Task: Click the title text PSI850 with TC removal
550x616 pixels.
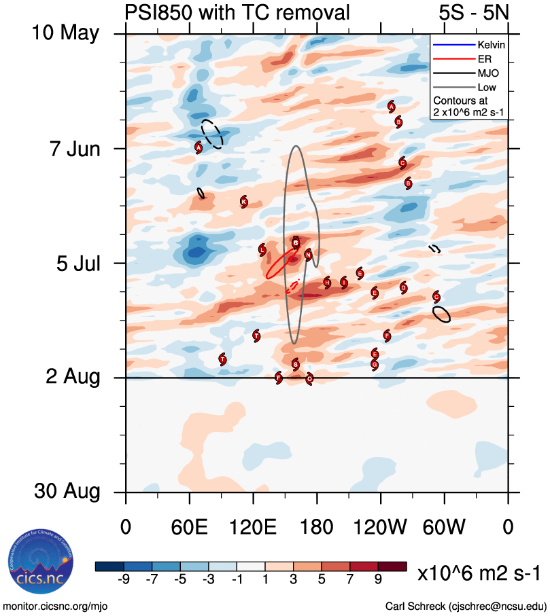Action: coord(237,12)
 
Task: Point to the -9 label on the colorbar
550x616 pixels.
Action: coord(124,579)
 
